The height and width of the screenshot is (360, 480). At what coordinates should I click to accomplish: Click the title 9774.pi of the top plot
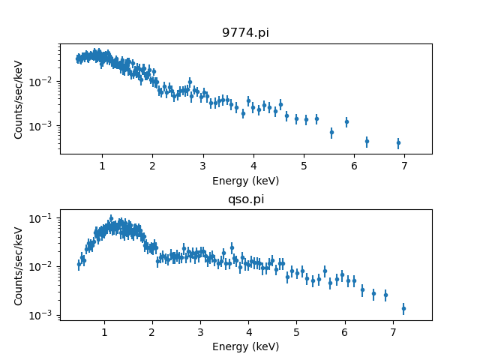245,33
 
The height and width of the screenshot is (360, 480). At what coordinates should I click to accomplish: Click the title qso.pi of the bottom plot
245,199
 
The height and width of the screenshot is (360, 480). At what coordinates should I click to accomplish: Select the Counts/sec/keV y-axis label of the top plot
19,99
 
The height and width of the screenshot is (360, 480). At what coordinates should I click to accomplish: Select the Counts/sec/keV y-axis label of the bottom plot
19,265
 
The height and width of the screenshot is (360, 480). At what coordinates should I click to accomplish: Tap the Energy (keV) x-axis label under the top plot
245,180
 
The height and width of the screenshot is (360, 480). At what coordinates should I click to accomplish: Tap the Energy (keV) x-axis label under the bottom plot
245,346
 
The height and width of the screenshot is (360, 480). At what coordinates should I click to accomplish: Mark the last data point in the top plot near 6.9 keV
398,142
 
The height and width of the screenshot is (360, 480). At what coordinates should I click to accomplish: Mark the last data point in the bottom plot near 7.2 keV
403,308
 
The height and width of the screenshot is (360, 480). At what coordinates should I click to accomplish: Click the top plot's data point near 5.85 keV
346,121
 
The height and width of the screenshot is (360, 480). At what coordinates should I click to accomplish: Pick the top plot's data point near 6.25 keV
367,141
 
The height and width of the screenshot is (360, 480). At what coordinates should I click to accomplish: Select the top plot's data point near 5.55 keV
331,133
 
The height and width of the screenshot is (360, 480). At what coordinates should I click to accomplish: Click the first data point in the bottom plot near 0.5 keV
79,264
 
